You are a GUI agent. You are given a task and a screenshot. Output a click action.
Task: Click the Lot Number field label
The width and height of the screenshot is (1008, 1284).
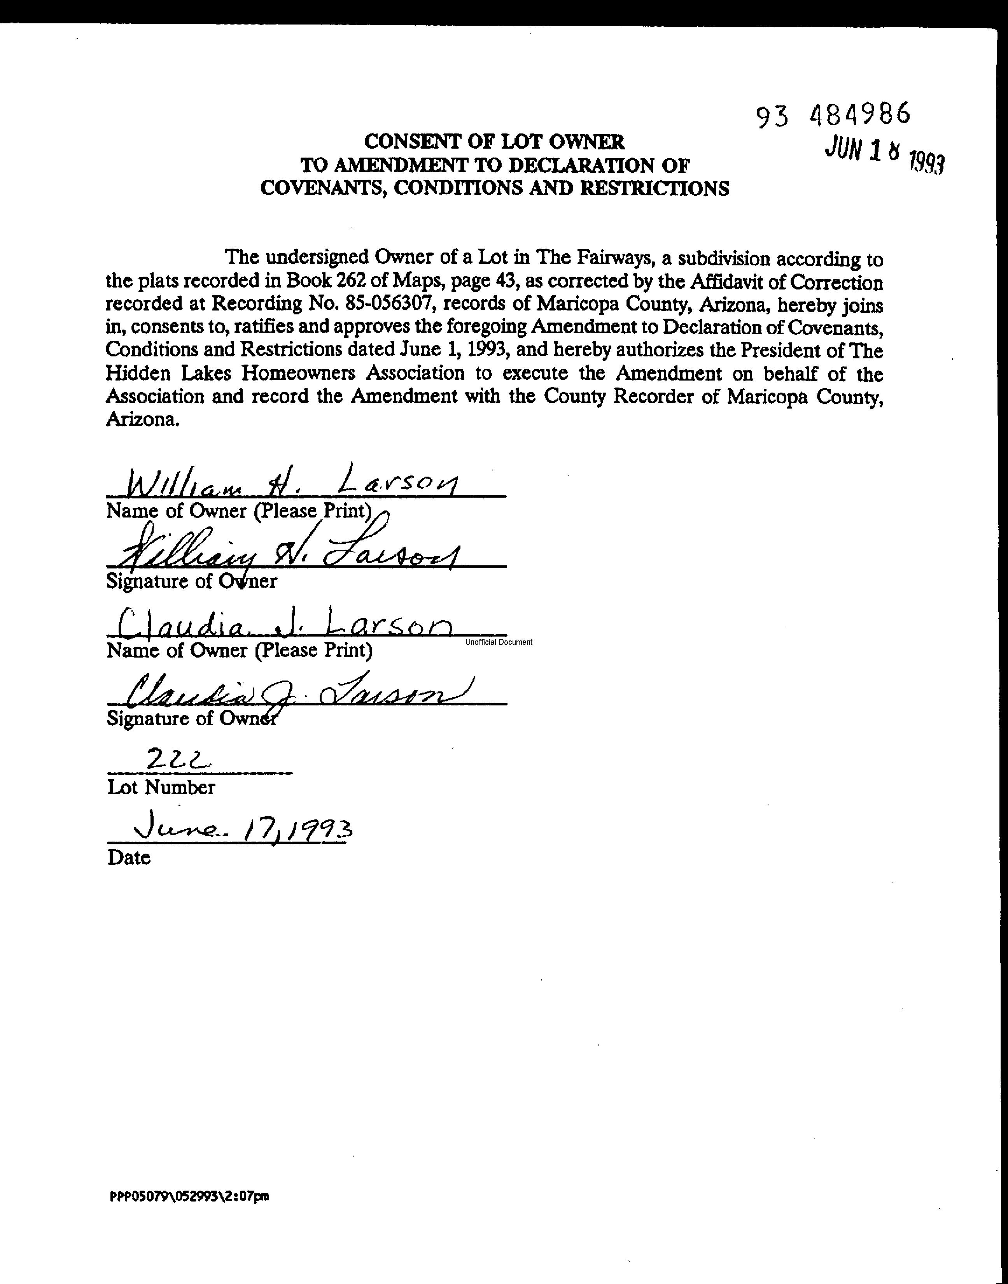tap(161, 788)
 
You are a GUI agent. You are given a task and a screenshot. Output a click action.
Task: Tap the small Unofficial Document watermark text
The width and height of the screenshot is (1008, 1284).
tap(498, 642)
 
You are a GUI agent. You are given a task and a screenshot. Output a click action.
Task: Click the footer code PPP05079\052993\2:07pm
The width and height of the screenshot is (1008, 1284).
tap(189, 1197)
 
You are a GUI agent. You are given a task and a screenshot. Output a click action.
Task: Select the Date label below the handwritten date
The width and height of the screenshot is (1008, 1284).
tap(129, 857)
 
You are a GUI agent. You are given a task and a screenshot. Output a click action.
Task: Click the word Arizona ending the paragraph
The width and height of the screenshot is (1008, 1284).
tap(141, 420)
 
